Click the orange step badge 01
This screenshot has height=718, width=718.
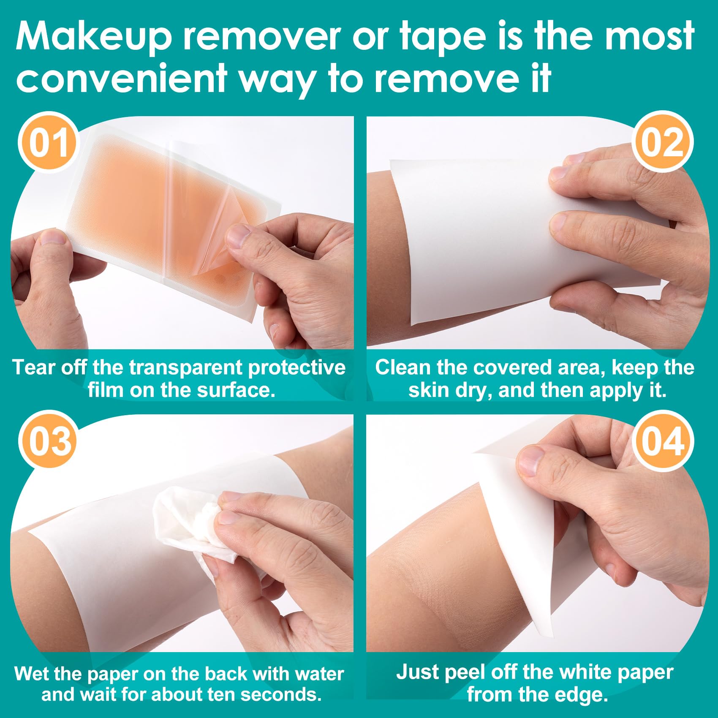click(x=49, y=142)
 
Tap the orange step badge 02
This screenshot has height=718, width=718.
click(x=662, y=142)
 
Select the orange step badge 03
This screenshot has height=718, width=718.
click(x=49, y=441)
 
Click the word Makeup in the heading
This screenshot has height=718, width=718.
click(x=94, y=37)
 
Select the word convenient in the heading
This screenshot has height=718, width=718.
click(x=122, y=79)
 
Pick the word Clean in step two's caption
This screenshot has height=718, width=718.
click(x=403, y=367)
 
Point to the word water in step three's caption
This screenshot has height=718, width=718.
click(x=319, y=674)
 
